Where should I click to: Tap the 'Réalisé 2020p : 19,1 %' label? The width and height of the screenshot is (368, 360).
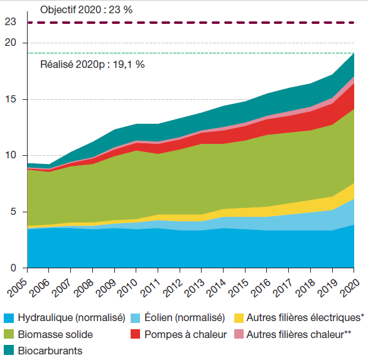92,64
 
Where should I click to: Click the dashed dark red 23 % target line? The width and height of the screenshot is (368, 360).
188,23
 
